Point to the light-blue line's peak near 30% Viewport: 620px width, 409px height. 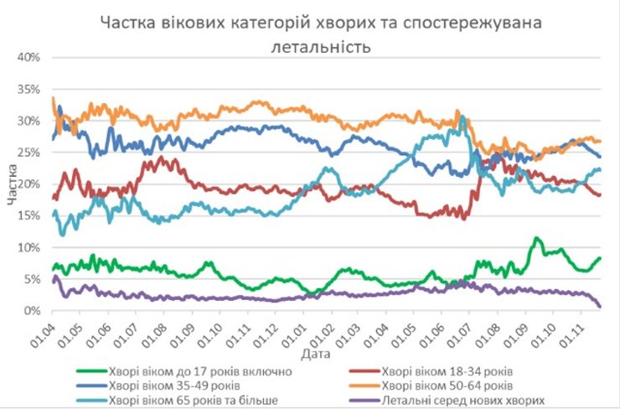coord(462,117)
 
